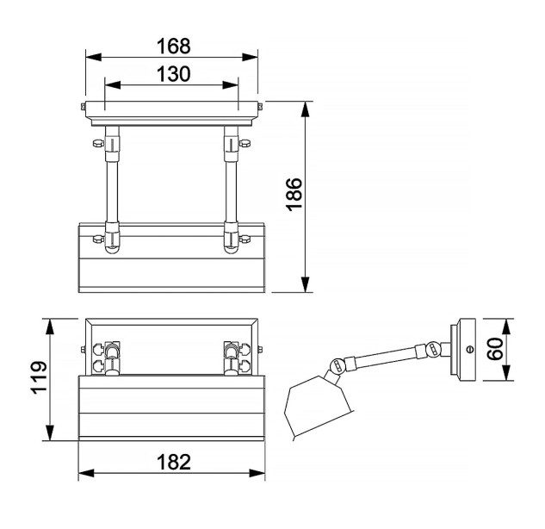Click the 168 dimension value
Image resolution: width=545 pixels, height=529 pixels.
click(x=173, y=46)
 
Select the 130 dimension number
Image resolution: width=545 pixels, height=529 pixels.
click(x=173, y=74)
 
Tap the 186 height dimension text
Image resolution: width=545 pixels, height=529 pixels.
click(x=294, y=194)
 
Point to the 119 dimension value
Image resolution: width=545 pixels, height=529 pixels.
click(x=39, y=377)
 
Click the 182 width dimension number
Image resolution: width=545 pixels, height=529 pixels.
click(x=173, y=462)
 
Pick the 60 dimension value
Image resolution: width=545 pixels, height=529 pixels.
click(x=495, y=349)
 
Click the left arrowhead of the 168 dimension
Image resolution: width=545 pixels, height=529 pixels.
click(x=94, y=57)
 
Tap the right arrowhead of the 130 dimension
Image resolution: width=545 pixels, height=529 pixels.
click(x=231, y=84)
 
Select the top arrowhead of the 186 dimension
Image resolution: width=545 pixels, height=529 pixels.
click(x=305, y=109)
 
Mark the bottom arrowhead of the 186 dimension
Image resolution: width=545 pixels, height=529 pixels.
click(x=305, y=284)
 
